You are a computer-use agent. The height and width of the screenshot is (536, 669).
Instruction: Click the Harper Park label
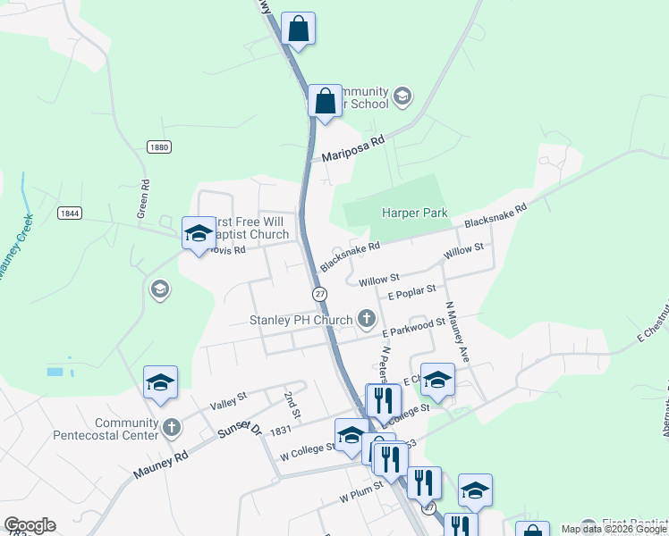coord(413,213)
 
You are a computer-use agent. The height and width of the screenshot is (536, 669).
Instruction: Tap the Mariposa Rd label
coord(352,148)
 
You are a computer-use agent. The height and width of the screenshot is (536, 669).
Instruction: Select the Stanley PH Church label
coord(301,321)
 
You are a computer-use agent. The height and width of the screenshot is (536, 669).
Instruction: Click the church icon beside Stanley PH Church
coord(366,317)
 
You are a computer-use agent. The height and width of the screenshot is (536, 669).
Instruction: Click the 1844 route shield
coord(69,213)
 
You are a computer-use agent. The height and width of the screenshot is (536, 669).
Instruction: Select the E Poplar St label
coord(411,291)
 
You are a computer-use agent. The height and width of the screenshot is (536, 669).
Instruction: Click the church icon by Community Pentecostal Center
coord(172,429)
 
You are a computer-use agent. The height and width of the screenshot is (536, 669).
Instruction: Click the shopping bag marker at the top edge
coord(298,29)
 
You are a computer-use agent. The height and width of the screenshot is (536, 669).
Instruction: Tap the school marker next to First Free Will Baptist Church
coord(198,235)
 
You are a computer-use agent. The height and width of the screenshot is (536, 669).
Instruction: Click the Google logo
coord(30,525)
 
